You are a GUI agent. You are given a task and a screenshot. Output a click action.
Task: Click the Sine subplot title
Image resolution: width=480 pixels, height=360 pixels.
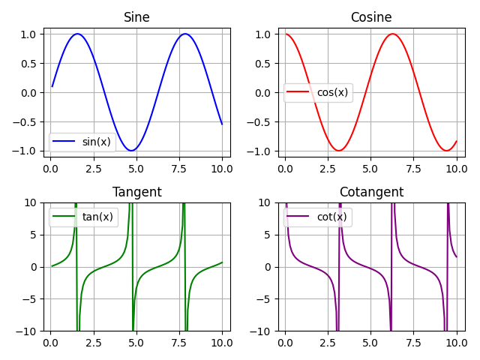(136, 17)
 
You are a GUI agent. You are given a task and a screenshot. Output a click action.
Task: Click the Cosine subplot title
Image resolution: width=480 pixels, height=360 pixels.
(371, 17)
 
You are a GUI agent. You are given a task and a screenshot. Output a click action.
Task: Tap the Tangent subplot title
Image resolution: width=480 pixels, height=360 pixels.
(136, 192)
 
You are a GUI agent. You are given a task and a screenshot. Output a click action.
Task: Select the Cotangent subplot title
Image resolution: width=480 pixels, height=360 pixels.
(371, 192)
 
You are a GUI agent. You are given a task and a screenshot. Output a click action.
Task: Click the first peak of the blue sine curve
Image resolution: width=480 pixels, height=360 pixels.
(77, 34)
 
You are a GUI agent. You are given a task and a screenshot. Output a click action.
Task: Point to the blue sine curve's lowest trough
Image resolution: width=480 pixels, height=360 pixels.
(131, 151)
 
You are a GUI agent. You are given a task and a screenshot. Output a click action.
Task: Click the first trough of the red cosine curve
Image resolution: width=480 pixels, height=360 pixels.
(339, 151)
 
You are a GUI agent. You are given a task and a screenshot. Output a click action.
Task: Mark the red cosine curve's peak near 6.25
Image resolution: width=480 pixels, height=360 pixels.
(392, 34)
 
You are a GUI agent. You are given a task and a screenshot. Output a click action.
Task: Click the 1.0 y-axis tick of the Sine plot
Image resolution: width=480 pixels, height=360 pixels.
(28, 34)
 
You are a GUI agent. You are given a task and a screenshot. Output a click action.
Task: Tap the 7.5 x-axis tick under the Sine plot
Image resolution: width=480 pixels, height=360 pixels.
(179, 166)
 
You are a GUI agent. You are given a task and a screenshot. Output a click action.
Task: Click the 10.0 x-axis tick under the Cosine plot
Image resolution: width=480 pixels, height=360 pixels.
(457, 166)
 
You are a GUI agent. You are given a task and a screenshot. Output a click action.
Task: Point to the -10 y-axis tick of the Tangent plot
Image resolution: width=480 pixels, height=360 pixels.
(26, 331)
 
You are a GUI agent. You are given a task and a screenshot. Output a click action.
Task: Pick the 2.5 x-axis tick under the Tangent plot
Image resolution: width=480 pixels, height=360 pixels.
(93, 342)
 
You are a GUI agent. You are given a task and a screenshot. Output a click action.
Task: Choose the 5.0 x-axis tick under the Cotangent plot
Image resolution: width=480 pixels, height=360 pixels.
(370, 342)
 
